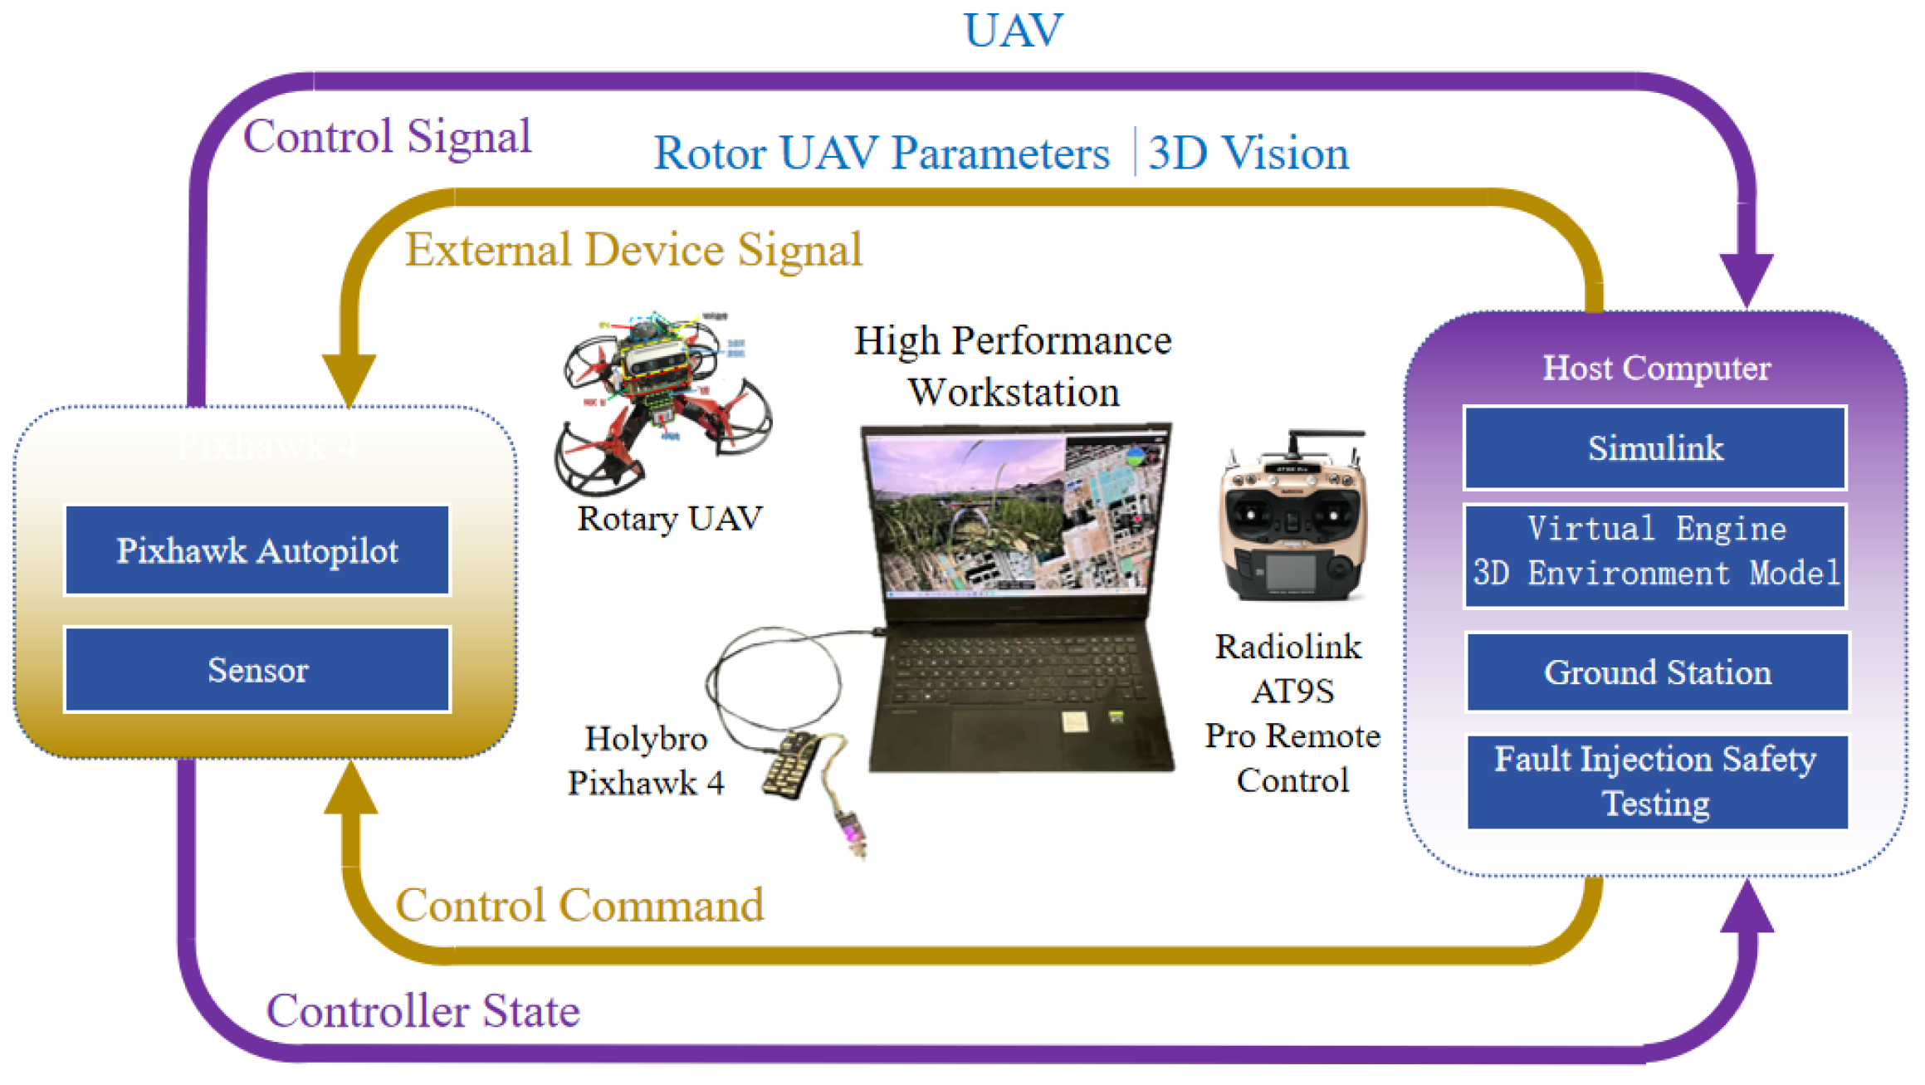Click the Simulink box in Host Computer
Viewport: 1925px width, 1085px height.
(1654, 448)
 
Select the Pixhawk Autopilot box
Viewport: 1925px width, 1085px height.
(257, 550)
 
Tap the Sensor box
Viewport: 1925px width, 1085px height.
(257, 670)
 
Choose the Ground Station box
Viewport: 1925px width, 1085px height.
(1657, 672)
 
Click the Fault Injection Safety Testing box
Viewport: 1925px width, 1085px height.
(1657, 781)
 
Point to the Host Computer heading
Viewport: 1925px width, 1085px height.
(1656, 368)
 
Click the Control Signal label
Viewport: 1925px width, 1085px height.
(387, 136)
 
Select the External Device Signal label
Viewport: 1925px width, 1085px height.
(633, 249)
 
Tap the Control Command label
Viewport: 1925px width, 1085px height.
(579, 905)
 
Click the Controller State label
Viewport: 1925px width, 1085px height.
(423, 1011)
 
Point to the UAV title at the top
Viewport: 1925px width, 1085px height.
(1013, 31)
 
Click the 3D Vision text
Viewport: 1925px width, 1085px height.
(1248, 154)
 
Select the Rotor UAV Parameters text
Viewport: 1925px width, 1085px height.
(882, 154)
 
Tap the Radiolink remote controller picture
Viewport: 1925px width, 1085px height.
(1292, 519)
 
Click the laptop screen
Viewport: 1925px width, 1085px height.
(1014, 515)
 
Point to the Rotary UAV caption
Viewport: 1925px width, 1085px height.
(669, 519)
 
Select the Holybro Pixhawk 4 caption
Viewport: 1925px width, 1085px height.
(646, 760)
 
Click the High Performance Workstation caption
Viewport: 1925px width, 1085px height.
(1013, 366)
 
